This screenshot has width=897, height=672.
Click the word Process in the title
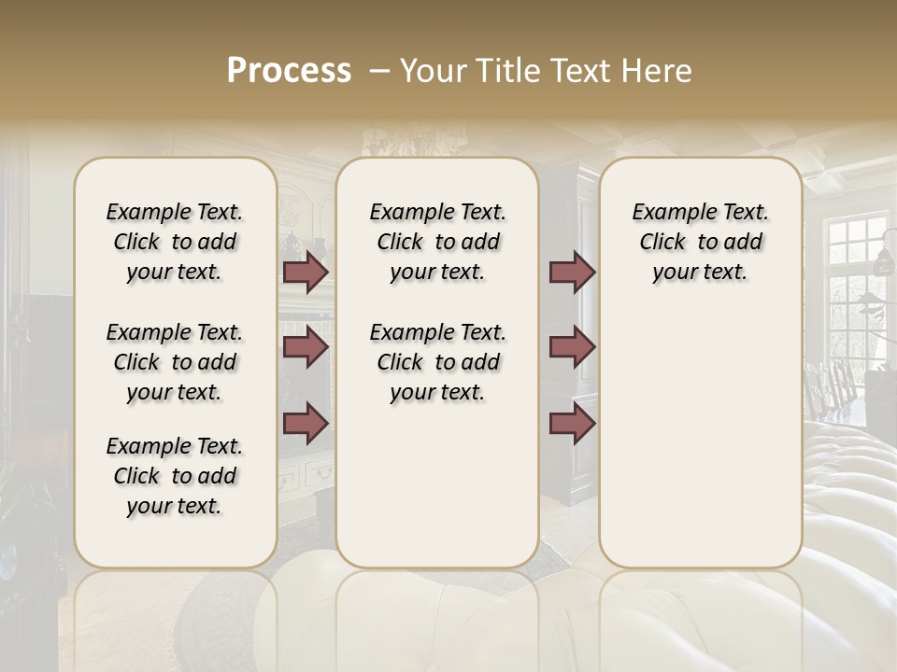tap(289, 71)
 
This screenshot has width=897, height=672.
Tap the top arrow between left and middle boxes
tap(306, 272)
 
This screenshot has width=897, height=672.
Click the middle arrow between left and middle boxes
tap(306, 347)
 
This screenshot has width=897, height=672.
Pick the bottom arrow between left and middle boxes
tap(306, 423)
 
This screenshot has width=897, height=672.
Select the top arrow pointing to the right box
tap(572, 272)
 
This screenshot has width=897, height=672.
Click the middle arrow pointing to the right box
tap(572, 347)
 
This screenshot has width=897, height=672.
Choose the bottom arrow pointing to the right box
tap(572, 423)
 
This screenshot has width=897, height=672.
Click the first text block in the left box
tap(175, 242)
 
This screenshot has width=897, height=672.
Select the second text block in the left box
tap(175, 362)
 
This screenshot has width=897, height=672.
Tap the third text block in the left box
tap(175, 476)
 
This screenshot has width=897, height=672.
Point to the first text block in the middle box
tap(437, 242)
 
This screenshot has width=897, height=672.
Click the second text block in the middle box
tap(437, 362)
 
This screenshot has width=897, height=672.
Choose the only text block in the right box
tap(700, 242)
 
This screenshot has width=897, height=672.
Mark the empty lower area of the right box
tap(700, 439)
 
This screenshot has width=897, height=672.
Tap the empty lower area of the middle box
tap(437, 485)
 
